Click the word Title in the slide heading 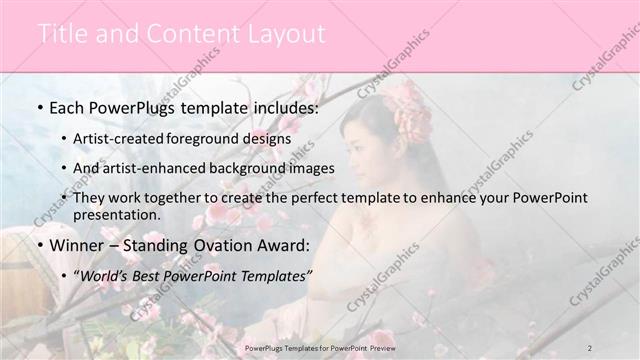click(x=62, y=34)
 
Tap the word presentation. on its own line click(x=116, y=215)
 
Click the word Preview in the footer click(x=381, y=346)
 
